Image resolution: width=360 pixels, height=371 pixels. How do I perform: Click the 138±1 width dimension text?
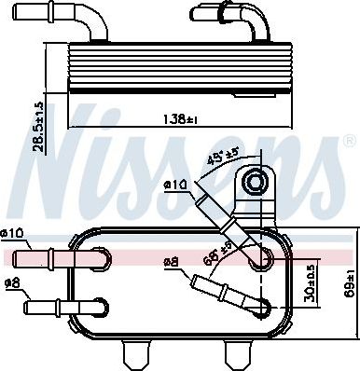pyautogui.click(x=180, y=119)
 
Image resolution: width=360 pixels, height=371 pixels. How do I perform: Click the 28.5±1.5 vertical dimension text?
pyautogui.click(x=39, y=127)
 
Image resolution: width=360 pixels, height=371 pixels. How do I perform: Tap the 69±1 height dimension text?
pyautogui.click(x=351, y=284)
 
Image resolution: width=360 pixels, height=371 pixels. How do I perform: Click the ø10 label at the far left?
pyautogui.click(x=12, y=233)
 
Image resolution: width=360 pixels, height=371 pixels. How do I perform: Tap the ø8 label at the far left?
pyautogui.click(x=12, y=283)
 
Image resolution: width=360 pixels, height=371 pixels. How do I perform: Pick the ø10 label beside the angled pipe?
pyautogui.click(x=176, y=185)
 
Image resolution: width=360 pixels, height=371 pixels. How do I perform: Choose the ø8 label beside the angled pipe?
pyautogui.click(x=172, y=263)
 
